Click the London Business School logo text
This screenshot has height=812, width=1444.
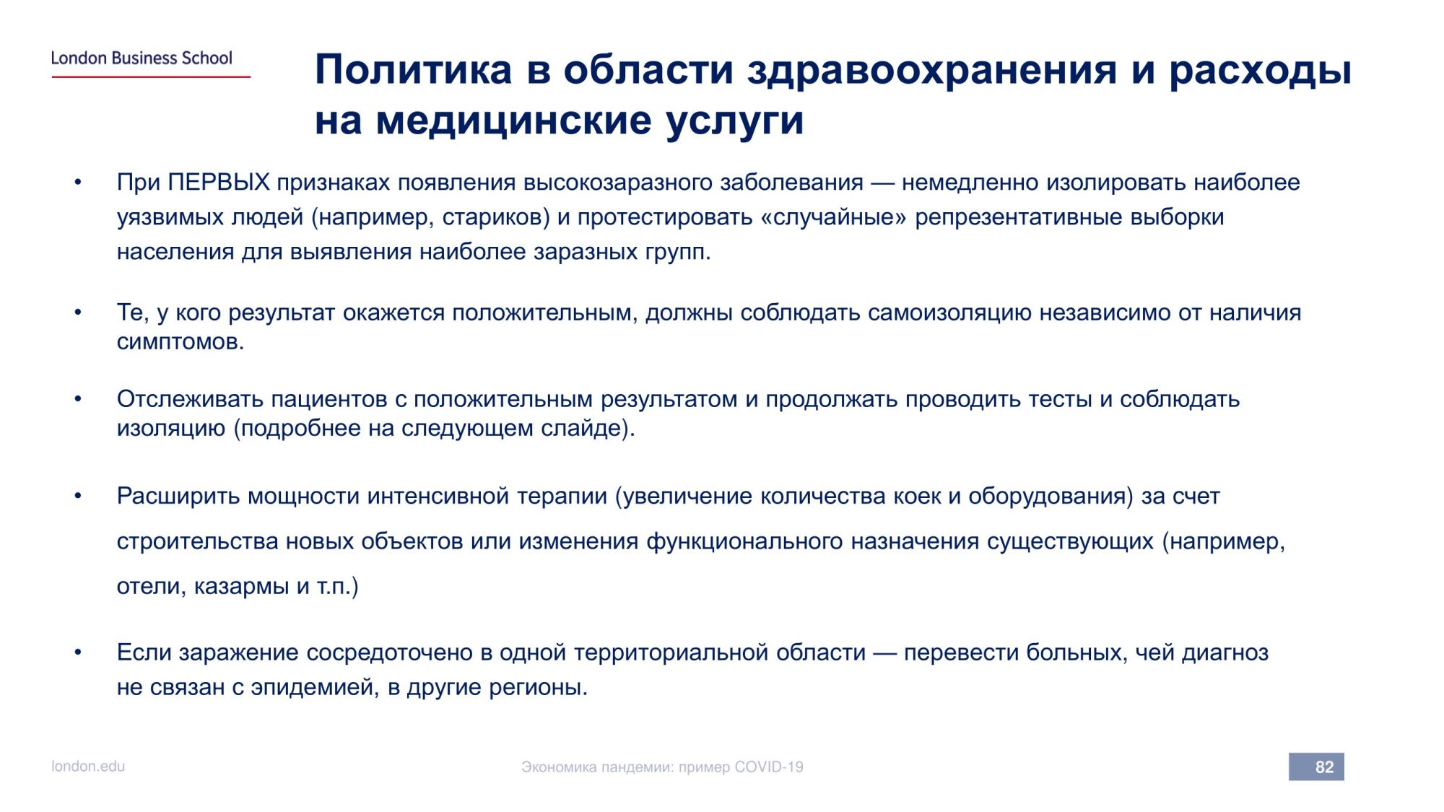(x=142, y=58)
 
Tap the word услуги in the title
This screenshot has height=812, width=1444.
(x=734, y=121)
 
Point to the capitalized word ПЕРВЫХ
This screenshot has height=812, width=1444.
(x=219, y=182)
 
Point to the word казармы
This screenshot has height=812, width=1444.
(x=241, y=586)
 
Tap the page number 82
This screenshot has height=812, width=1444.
(x=1324, y=767)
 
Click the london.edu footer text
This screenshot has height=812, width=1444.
(x=88, y=767)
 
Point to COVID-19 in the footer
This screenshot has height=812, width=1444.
(x=769, y=767)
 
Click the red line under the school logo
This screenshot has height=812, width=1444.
(x=151, y=77)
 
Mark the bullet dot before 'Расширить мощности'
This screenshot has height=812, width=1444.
(x=77, y=497)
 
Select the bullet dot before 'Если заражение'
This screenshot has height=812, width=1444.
(x=77, y=652)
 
